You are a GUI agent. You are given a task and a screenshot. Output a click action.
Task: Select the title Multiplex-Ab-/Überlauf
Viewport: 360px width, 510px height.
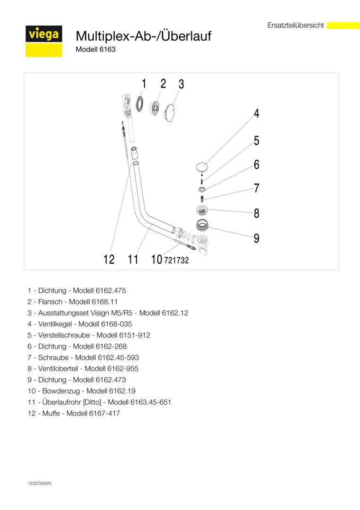click(x=143, y=36)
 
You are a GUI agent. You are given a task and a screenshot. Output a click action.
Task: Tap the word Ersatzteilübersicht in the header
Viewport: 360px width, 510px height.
click(x=295, y=25)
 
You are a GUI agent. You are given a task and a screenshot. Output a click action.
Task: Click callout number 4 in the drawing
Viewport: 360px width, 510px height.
click(x=256, y=113)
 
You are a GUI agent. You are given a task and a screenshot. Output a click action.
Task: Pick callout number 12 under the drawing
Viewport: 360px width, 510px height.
click(x=109, y=259)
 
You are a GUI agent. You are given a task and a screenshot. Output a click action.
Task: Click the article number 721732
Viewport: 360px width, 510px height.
click(x=176, y=260)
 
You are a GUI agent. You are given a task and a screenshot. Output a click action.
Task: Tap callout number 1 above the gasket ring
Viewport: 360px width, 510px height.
click(x=144, y=84)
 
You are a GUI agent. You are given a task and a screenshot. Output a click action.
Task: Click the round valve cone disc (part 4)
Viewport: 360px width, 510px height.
click(x=202, y=167)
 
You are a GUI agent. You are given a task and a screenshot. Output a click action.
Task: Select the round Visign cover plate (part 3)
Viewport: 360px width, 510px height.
click(x=171, y=113)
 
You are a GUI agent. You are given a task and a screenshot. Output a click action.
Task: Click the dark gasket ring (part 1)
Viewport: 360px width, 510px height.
click(x=140, y=103)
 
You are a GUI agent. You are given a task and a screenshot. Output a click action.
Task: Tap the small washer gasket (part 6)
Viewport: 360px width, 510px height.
click(x=202, y=189)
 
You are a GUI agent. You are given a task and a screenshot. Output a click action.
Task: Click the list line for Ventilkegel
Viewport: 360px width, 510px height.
click(x=80, y=324)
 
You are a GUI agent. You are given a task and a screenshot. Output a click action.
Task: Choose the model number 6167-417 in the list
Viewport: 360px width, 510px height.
click(x=104, y=413)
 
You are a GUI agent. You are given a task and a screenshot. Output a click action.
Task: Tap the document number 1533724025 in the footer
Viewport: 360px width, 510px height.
click(x=40, y=484)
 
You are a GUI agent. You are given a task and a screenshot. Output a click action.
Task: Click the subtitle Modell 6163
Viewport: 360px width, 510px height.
click(x=95, y=49)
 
